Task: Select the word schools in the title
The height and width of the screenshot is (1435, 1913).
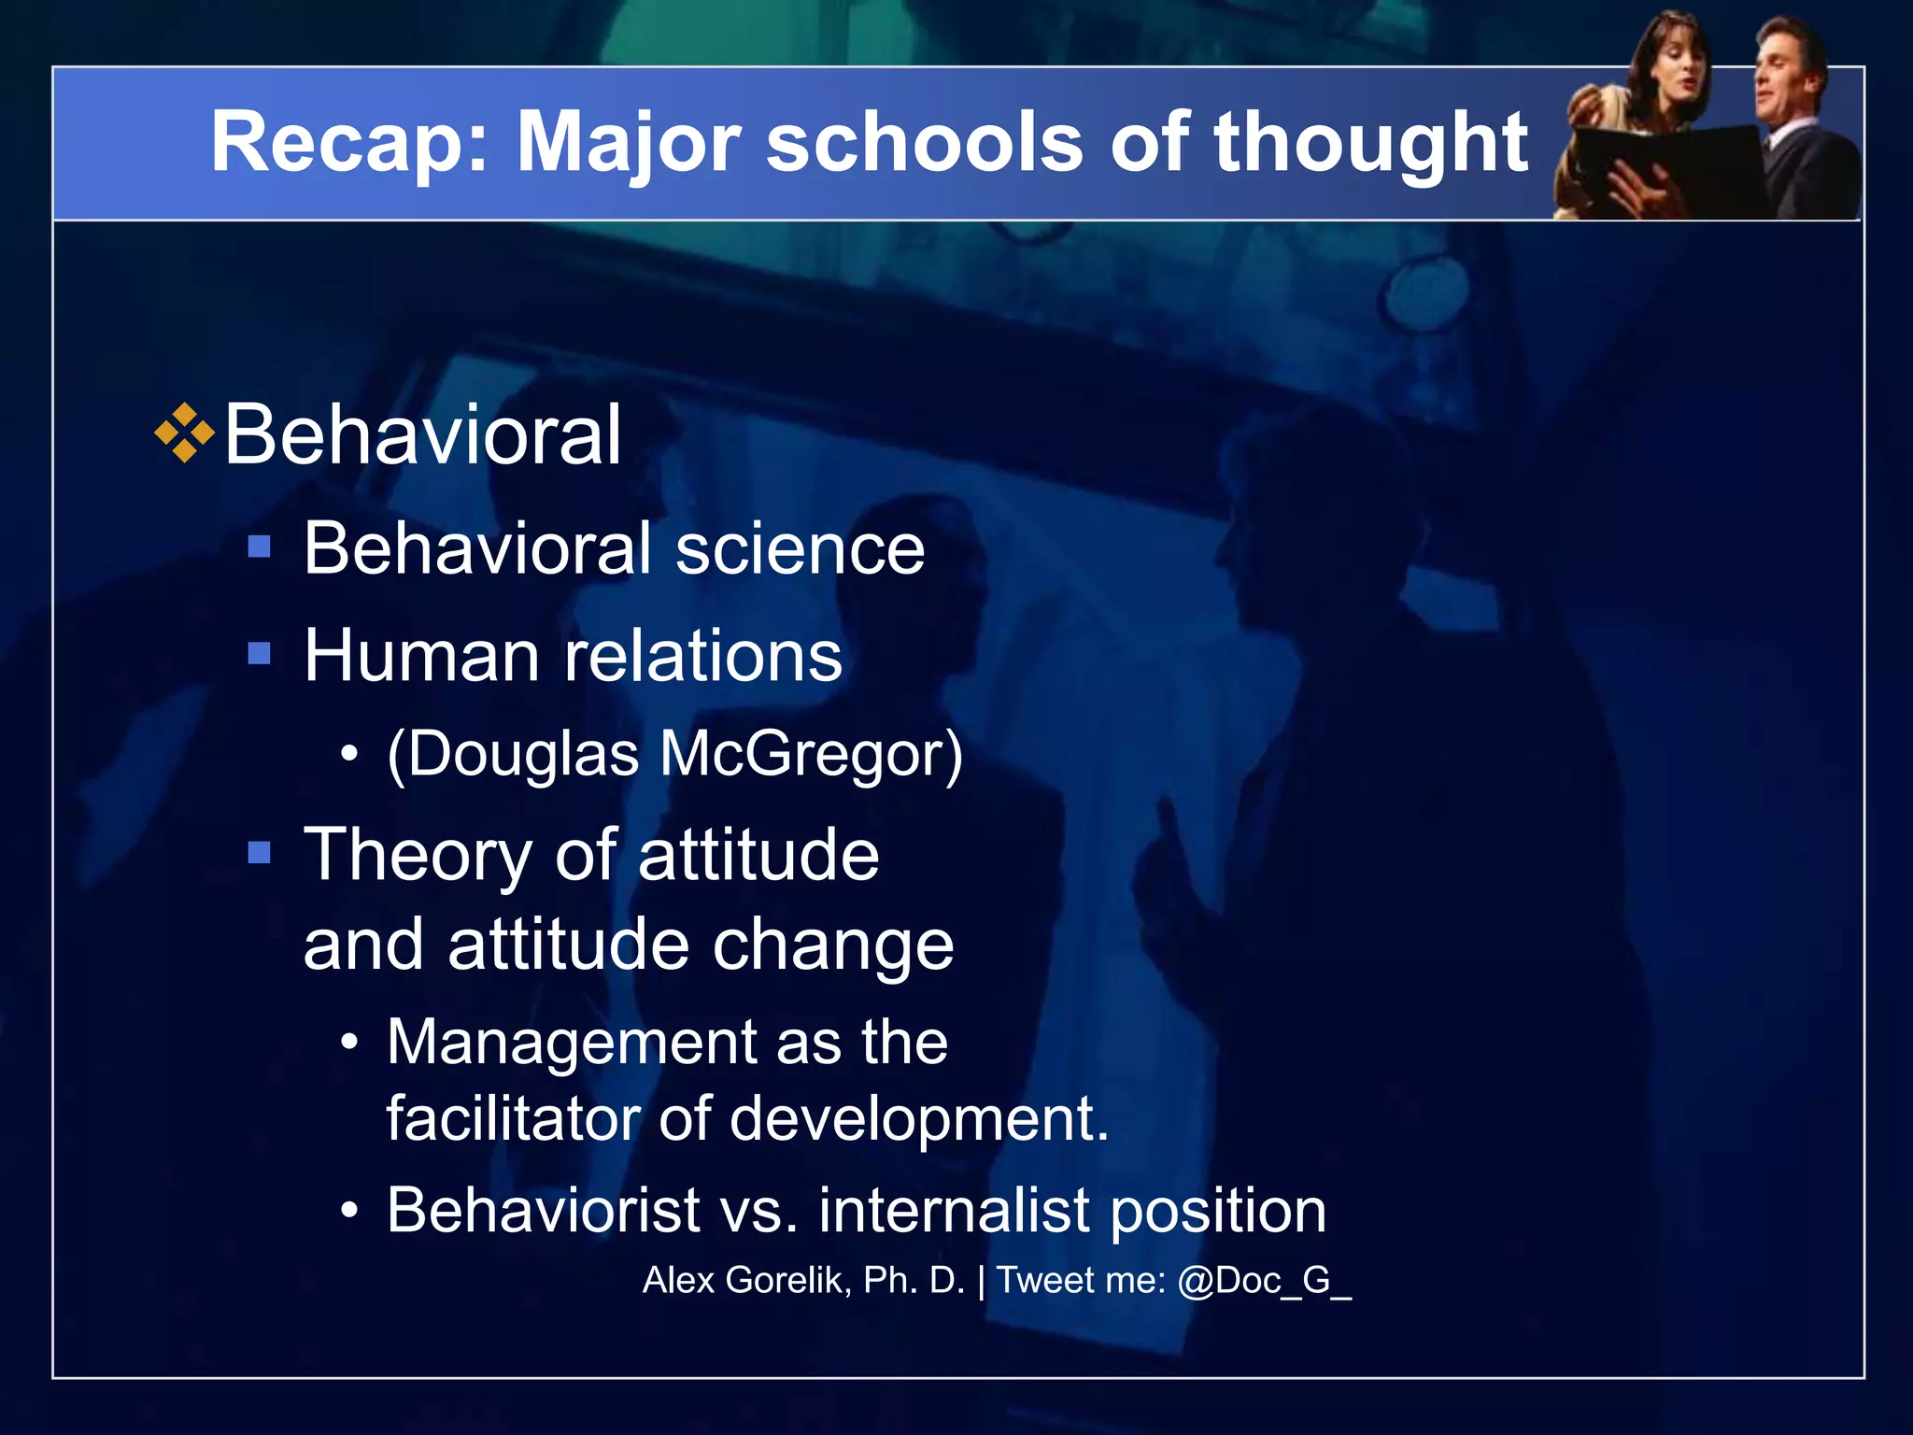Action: coord(924,142)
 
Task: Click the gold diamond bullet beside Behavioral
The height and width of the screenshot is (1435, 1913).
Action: coord(185,433)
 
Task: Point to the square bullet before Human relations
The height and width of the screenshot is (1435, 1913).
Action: coord(259,652)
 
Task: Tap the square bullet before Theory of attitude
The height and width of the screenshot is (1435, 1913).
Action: coord(259,852)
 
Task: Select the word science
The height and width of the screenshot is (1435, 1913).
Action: coord(800,548)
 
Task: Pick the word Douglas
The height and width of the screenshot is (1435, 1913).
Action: coord(523,753)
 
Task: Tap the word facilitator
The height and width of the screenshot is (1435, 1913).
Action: coord(512,1117)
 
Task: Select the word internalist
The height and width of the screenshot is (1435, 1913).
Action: coord(953,1210)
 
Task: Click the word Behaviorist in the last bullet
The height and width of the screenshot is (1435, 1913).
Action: coord(543,1210)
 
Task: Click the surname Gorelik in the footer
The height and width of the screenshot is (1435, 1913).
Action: coord(787,1280)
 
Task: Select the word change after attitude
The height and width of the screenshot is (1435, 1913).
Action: coord(833,945)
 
